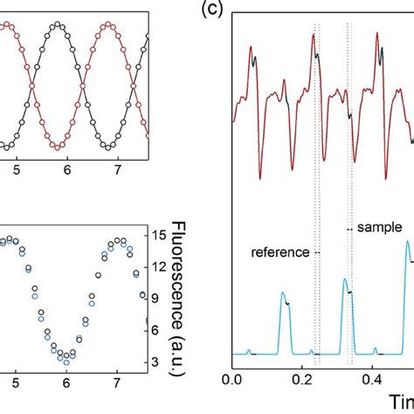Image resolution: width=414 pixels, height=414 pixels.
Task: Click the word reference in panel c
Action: tap(279, 252)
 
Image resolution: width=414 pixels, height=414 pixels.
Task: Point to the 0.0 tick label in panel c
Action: tap(232, 381)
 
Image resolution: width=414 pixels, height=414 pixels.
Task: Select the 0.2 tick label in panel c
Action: tap(302, 381)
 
